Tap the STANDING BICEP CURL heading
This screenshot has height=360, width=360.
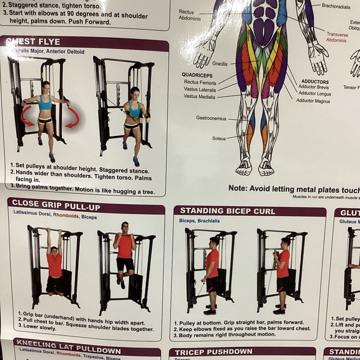[x=227, y=211]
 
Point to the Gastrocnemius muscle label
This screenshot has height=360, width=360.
[x=211, y=117]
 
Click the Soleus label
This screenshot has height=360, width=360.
[x=219, y=138]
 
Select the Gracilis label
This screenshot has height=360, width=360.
[x=220, y=63]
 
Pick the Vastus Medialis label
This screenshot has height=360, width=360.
[x=200, y=96]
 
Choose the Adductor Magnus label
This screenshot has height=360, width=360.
[x=314, y=101]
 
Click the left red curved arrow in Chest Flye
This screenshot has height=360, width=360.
[x=26, y=115]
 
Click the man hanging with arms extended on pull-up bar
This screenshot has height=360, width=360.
[x=54, y=261]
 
